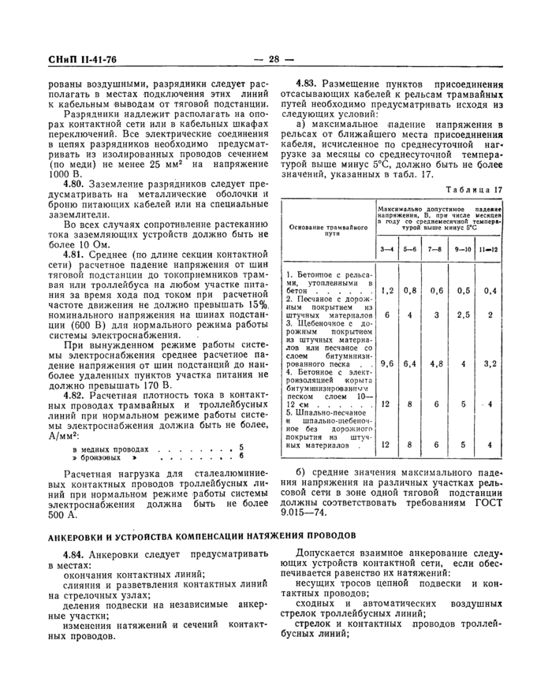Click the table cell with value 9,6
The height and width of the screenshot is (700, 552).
click(x=387, y=364)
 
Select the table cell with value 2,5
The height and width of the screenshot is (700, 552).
click(x=463, y=315)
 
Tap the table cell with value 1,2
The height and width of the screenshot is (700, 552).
click(x=387, y=290)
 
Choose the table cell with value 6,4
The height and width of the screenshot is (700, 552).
click(x=410, y=364)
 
